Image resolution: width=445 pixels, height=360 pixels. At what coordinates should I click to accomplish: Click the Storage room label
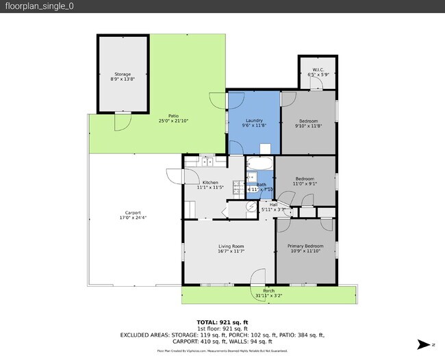[x=122, y=74]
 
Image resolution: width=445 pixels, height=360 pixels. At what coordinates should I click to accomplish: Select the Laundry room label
[x=254, y=120]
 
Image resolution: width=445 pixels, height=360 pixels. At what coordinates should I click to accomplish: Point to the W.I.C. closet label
[x=318, y=68]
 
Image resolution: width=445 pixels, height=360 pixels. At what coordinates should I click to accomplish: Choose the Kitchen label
[x=210, y=182]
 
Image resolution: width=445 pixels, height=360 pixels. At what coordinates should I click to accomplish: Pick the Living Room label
[x=231, y=246]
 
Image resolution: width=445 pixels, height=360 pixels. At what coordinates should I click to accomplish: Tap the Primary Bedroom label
[x=305, y=246]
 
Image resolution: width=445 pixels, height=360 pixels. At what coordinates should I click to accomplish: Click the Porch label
[x=269, y=291]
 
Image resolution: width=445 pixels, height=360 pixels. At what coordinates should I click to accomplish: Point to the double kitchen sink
[x=207, y=162]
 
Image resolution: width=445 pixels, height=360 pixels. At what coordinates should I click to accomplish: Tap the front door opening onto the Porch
[x=257, y=277]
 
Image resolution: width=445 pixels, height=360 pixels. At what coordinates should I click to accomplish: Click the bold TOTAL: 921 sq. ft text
[x=222, y=322]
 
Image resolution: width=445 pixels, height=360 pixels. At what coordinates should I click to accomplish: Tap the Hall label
[x=273, y=204]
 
